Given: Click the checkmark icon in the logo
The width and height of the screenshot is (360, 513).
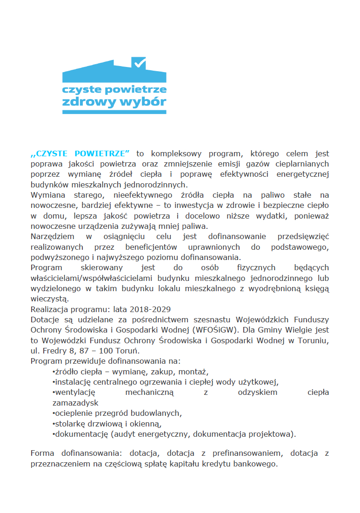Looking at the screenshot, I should pyautogui.click(x=140, y=62).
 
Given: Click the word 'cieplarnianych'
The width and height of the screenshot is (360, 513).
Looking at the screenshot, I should pyautogui.click(x=303, y=164).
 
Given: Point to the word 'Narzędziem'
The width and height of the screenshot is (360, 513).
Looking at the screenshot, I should pyautogui.click(x=51, y=237).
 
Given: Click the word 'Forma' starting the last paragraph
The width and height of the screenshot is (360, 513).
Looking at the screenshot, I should pyautogui.click(x=42, y=453).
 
